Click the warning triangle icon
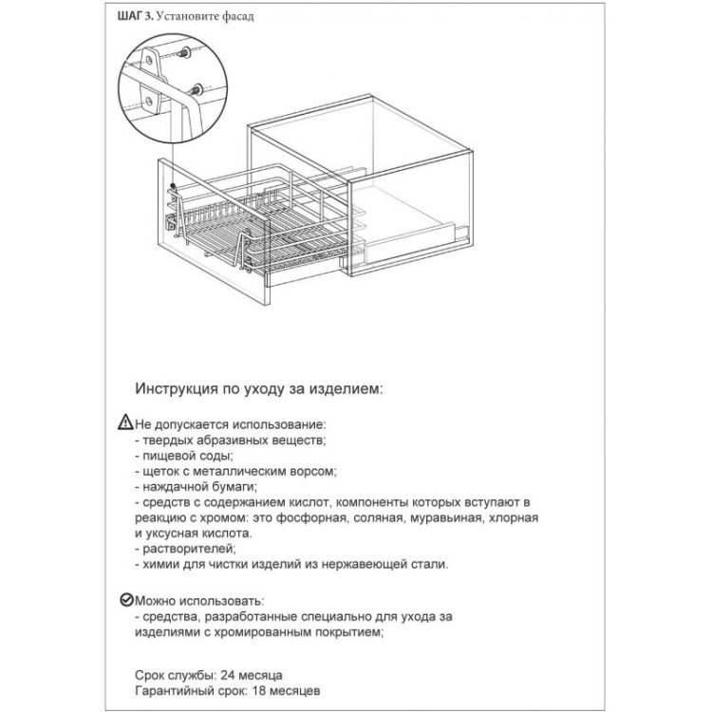(127, 423)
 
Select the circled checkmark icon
(127, 601)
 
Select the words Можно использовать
(200, 601)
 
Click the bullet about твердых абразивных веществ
(232, 440)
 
